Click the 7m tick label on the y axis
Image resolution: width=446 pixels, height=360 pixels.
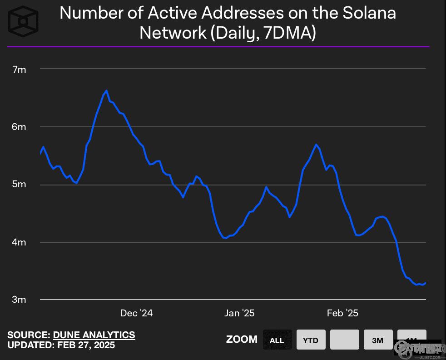[20, 70]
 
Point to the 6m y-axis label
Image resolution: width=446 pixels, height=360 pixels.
[20, 127]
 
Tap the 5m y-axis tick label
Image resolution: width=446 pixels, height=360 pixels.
[20, 185]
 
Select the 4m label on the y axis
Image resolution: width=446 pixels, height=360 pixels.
[20, 242]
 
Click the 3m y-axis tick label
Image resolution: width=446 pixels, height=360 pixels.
[20, 300]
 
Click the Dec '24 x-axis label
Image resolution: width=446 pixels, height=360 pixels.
[137, 313]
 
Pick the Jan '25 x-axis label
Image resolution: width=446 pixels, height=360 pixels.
[239, 313]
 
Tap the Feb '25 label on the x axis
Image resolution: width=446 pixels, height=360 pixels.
[342, 313]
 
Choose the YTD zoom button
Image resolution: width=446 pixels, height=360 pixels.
[311, 340]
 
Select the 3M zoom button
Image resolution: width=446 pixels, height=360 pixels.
[377, 340]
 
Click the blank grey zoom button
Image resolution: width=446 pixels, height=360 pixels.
[344, 340]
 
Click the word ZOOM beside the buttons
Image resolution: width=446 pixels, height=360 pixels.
[242, 340]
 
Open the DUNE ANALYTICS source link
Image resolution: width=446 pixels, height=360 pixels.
[94, 335]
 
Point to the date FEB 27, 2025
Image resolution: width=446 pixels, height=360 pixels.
[86, 345]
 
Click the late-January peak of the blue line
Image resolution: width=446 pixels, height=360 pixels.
[316, 145]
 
